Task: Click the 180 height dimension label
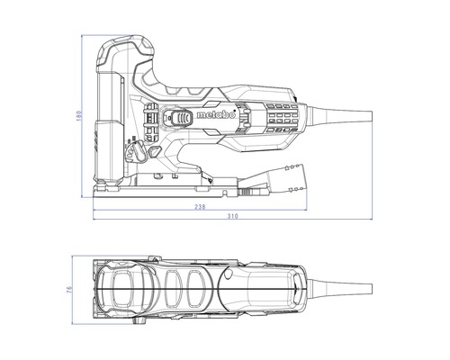[79, 116]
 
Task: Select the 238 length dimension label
[200, 207]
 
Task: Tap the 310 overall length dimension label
[232, 216]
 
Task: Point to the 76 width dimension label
[69, 290]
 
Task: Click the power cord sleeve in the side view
[340, 115]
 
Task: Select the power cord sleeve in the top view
[340, 289]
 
